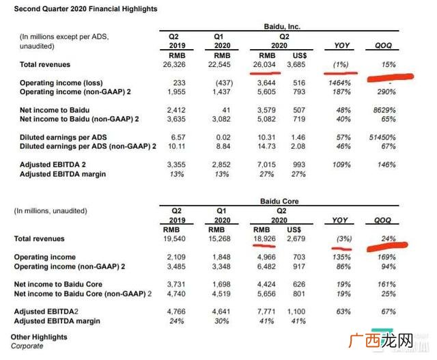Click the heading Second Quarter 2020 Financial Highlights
coord(85,9)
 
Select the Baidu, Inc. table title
coord(282,27)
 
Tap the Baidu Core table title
coord(279,201)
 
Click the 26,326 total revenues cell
coord(174,64)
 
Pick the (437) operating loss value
coord(224,83)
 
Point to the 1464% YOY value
coord(339,83)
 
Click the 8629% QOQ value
coord(384,110)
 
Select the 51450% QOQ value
coord(382,137)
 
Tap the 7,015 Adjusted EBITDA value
coord(266,165)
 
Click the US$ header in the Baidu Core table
coord(294,230)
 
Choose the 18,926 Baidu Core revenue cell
coord(264,238)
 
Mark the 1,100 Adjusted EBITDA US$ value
coord(296,311)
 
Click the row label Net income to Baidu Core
coord(58,284)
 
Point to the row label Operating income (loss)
coord(61,83)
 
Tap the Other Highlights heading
coord(39,337)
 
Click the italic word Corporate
coord(27,346)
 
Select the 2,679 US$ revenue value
coord(296,238)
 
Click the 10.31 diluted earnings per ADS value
coord(266,137)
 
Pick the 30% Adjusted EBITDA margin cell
coord(221,321)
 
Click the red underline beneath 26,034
coord(265,73)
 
